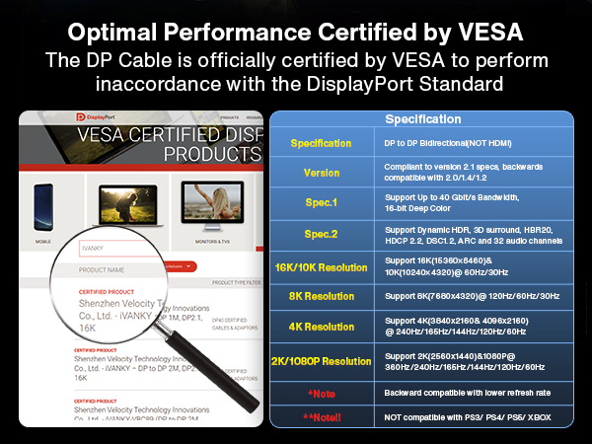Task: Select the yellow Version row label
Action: pos(321,173)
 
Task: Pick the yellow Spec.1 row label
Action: pos(321,203)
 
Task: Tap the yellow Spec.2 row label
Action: pos(321,235)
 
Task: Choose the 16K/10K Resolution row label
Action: pos(321,266)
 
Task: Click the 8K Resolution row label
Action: pos(321,296)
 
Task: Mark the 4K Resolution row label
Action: pos(321,327)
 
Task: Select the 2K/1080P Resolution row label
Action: pos(321,360)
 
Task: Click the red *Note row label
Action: pos(321,392)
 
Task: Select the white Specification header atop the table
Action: pos(422,119)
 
